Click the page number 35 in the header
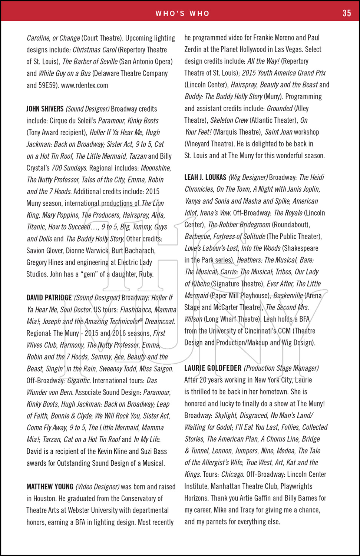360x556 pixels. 347,13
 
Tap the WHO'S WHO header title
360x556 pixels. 182,13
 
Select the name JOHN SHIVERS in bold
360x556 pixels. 45,109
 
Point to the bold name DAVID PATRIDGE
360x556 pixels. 49,298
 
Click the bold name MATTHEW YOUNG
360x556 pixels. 50,487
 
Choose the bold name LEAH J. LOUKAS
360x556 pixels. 205,177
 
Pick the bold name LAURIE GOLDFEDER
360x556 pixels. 213,368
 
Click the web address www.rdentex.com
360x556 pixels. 85,85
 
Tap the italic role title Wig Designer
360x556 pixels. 248,177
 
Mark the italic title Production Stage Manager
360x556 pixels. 281,368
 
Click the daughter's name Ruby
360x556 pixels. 145,274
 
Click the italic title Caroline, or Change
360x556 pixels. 53,38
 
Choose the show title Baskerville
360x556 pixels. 288,295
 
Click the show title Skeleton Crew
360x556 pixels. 229,120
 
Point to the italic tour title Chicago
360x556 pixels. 232,474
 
